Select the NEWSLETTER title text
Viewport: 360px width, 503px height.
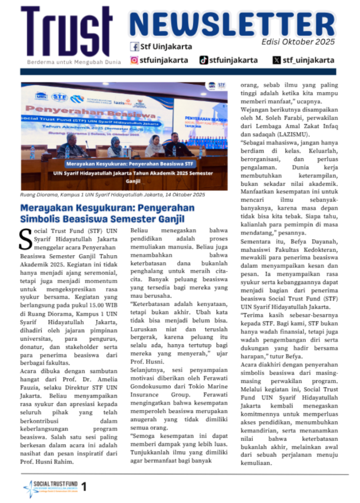tap(232, 24)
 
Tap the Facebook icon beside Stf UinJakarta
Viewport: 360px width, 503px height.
tap(134, 47)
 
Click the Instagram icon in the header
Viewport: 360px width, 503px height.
tap(134, 60)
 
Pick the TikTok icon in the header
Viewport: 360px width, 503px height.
tap(204, 60)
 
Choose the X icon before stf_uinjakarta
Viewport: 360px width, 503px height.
tap(277, 60)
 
